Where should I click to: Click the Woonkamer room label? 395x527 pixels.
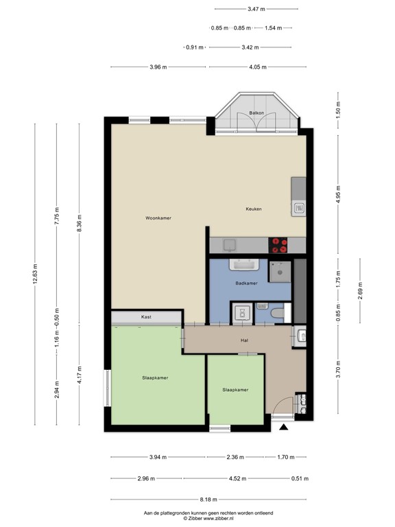(x=158, y=218)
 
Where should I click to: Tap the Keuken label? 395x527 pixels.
(x=254, y=209)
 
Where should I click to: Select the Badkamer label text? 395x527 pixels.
(x=246, y=283)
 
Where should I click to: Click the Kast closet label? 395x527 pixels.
(x=146, y=317)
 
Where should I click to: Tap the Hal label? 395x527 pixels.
(x=243, y=340)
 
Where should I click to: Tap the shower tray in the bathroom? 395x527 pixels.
(x=280, y=271)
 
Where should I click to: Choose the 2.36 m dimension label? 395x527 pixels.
(x=235, y=457)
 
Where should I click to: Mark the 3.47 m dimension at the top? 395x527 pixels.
(x=256, y=9)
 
